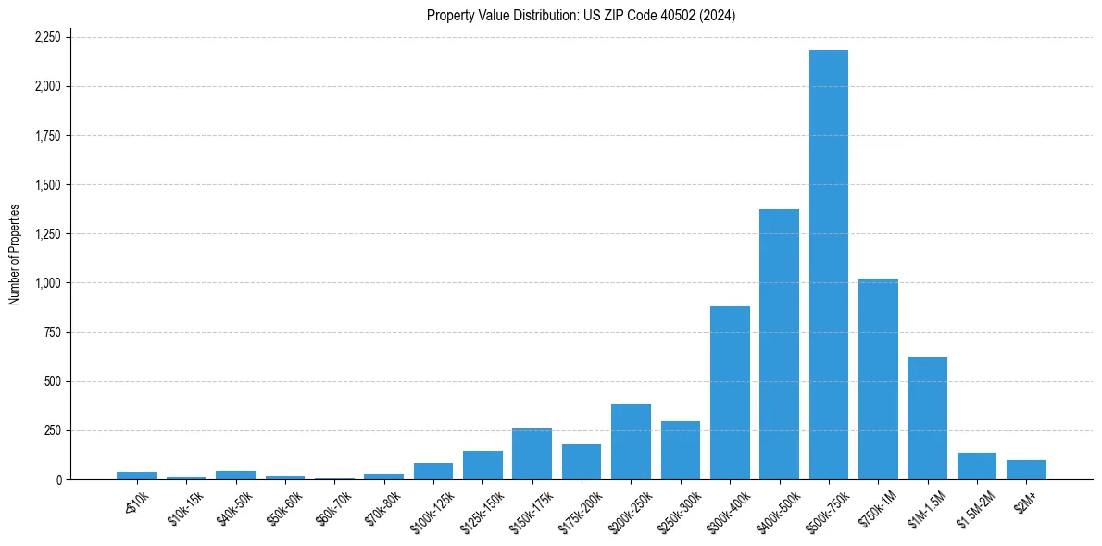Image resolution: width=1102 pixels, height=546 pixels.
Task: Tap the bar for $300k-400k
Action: [730, 392]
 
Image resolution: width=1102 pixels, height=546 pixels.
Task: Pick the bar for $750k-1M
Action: [878, 379]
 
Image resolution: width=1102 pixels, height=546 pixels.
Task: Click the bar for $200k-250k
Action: [631, 442]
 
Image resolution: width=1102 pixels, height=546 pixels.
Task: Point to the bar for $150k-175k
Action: [532, 454]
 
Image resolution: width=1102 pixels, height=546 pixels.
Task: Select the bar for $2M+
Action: [1026, 470]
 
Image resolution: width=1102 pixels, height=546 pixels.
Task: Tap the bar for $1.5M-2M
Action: [977, 466]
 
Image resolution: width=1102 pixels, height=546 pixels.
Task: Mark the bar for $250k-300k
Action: [680, 451]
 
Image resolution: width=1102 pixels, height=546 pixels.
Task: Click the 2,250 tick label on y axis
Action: [47, 37]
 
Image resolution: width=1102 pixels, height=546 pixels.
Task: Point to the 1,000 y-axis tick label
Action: [47, 283]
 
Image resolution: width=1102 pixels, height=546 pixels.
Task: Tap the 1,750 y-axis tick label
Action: [47, 136]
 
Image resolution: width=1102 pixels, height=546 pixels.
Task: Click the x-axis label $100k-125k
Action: [432, 506]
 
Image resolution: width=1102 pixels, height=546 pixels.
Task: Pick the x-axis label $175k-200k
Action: [581, 506]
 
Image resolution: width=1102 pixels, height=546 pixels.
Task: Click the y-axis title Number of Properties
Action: [15, 254]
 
